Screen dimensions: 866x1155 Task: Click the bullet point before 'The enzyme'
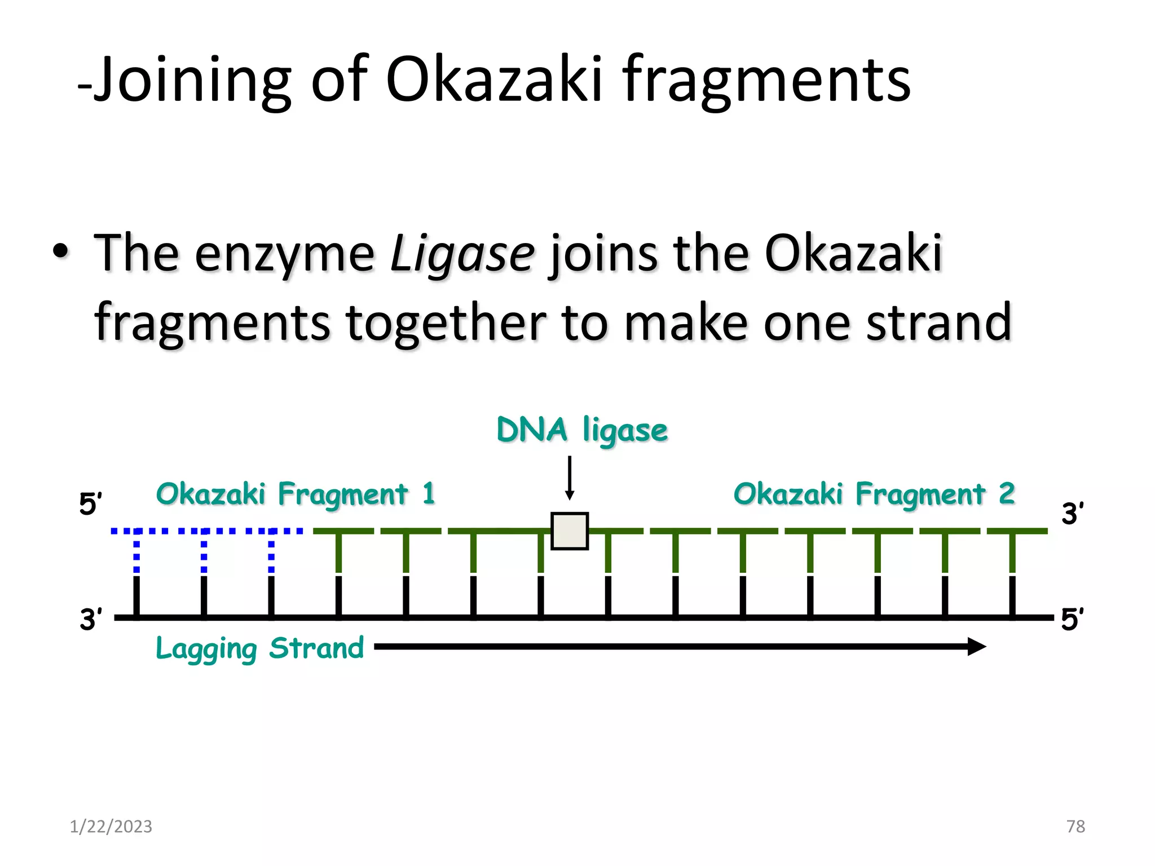click(61, 252)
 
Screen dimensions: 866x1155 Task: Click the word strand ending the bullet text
click(939, 322)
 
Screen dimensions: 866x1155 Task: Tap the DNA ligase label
click(582, 431)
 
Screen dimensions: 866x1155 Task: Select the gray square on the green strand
click(570, 531)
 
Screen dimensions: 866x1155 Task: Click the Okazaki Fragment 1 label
click(296, 494)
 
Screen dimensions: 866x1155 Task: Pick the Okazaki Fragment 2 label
click(874, 494)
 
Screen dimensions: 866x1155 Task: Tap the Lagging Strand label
click(259, 648)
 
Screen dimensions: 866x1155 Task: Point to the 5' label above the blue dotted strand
click(90, 503)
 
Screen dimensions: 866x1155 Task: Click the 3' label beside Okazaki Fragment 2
click(1072, 514)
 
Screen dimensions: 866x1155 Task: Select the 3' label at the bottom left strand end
click(91, 619)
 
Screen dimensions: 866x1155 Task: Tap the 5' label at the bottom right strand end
click(1072, 619)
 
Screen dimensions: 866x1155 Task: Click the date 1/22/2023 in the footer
click(111, 827)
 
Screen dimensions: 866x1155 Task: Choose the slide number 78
click(1075, 827)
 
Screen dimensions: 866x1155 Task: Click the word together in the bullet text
click(446, 322)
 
